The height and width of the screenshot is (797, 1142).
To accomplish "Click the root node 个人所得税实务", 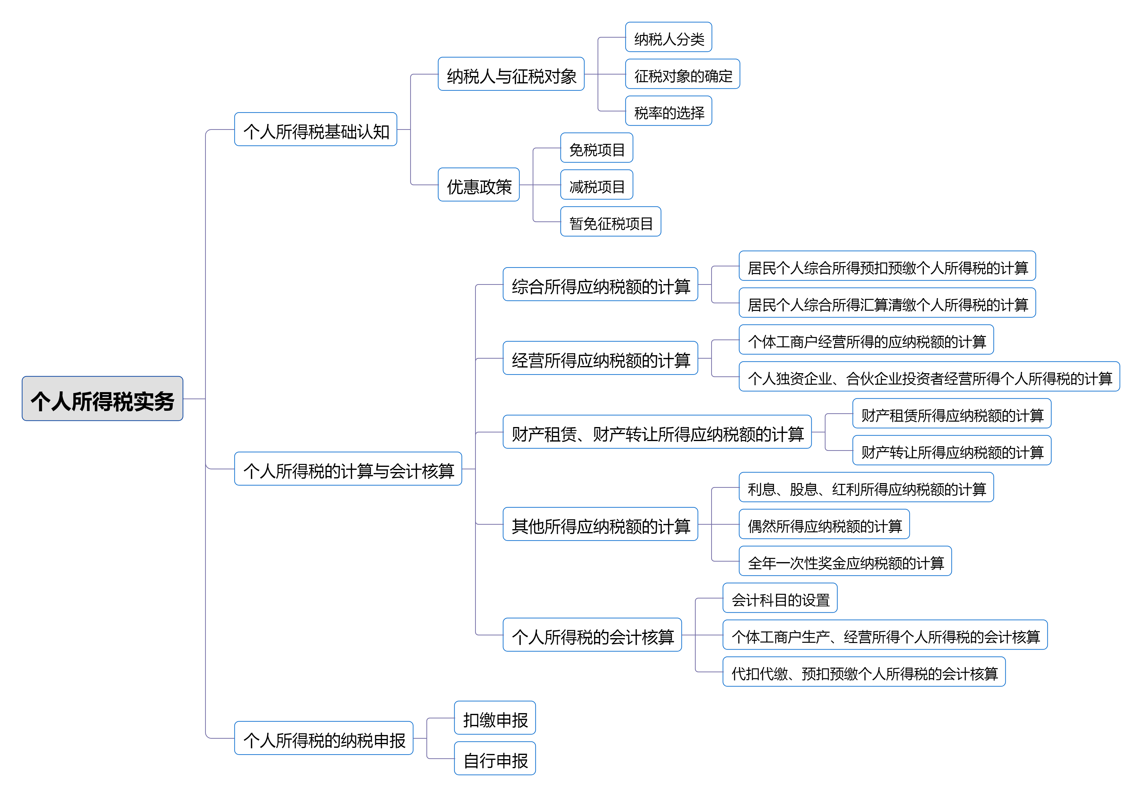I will tap(103, 399).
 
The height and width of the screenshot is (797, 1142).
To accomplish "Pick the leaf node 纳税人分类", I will tap(668, 37).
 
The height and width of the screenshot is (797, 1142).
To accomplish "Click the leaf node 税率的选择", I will tap(668, 111).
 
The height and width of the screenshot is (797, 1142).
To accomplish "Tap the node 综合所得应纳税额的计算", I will tap(600, 285).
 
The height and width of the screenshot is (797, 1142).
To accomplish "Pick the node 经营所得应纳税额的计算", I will tap(600, 358).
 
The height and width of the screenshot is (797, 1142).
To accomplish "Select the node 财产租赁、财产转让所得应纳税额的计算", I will tap(657, 432).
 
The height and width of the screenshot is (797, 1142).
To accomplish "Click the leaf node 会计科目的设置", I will tap(780, 598).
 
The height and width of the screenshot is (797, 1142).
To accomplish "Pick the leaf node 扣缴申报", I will tap(495, 718).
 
